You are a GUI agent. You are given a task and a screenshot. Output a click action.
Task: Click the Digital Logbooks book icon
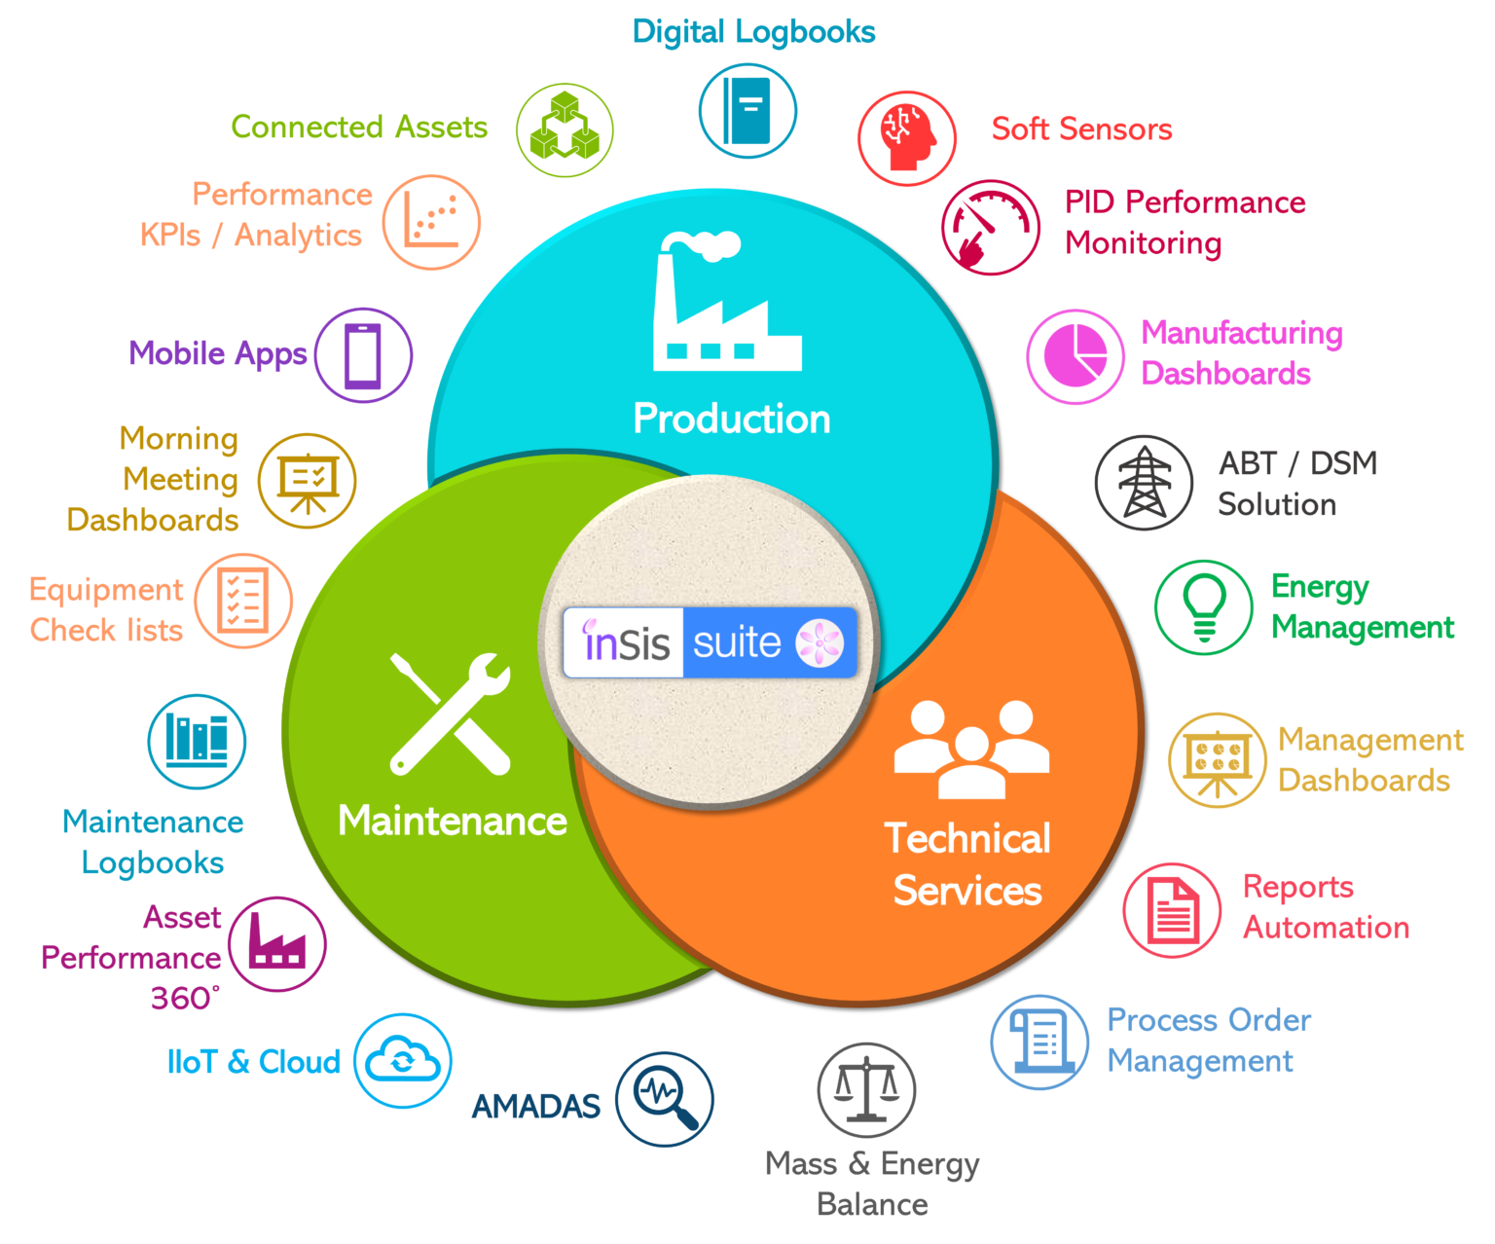click(x=747, y=110)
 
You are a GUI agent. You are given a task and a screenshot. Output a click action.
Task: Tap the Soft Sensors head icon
click(x=906, y=137)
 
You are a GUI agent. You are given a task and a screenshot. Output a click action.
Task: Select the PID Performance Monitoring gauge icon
click(x=990, y=227)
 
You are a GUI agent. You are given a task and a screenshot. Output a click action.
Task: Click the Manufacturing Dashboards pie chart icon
click(x=1075, y=356)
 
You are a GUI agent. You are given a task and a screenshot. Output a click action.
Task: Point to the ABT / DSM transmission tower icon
click(x=1144, y=482)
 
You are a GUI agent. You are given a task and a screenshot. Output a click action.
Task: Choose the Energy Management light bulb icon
click(x=1204, y=606)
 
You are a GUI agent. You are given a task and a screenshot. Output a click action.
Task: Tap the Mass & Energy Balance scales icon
click(x=866, y=1089)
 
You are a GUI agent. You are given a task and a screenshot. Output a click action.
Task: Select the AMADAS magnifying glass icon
click(x=665, y=1099)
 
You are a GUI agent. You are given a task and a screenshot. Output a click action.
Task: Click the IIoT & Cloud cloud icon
click(x=403, y=1060)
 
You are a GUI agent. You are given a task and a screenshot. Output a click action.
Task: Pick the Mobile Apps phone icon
click(x=363, y=355)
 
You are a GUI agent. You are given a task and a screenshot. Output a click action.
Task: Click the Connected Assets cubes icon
click(x=565, y=129)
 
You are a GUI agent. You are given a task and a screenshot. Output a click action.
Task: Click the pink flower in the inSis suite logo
click(x=820, y=642)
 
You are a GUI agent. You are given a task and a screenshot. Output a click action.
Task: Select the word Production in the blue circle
click(x=732, y=419)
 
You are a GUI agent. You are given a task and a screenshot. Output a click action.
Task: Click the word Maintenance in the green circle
click(x=453, y=821)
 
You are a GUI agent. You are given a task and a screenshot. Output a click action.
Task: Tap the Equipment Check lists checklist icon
click(x=243, y=601)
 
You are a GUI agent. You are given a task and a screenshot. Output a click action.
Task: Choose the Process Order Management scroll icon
click(x=1039, y=1042)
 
